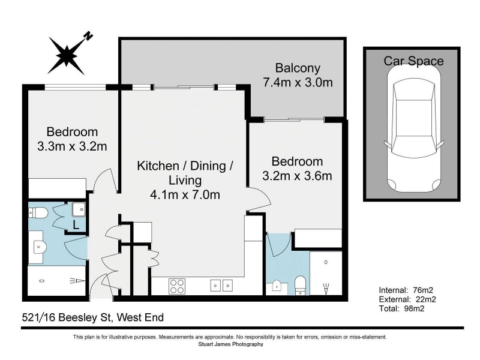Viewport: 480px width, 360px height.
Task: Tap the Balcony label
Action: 298,68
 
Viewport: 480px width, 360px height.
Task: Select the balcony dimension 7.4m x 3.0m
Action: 298,82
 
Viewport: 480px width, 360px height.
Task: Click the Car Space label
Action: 413,61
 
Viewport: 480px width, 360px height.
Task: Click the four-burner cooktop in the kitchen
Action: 177,286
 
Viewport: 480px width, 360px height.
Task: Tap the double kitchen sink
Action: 221,286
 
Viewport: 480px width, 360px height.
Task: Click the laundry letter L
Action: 76,226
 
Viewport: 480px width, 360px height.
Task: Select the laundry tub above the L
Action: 79,209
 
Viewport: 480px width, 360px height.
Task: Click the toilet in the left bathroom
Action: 38,212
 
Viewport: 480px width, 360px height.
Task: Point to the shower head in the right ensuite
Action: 326,289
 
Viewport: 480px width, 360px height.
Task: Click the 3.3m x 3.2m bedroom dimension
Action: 72,146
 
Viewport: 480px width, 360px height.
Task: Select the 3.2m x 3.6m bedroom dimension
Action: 297,176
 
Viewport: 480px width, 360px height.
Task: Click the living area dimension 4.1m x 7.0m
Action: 185,194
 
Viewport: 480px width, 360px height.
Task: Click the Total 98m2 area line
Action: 401,308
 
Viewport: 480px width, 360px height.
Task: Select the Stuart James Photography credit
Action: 231,344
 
